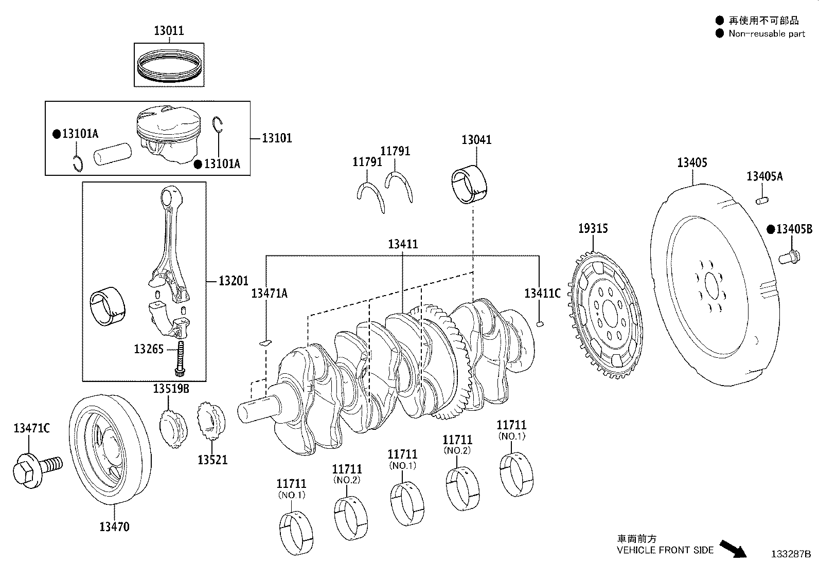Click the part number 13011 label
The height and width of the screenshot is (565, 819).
coord(169,31)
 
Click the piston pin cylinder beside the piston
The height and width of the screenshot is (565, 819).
coord(113,154)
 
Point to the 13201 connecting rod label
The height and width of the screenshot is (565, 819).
coord(233,281)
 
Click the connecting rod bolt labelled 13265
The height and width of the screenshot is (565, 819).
coord(180,358)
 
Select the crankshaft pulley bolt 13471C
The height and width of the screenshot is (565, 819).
coord(37,469)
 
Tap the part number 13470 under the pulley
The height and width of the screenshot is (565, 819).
coord(114,526)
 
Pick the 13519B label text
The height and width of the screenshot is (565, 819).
coord(171,389)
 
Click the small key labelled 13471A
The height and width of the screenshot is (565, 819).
coord(266,342)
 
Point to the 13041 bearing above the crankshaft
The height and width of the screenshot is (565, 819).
coord(469,185)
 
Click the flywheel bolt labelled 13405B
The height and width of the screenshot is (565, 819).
coord(789,257)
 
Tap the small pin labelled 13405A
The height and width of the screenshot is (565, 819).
coord(762,201)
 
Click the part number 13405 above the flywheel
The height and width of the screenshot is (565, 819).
coord(692,162)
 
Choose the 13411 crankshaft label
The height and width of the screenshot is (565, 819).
coord(402,244)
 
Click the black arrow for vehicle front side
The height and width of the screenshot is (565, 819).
coord(733,549)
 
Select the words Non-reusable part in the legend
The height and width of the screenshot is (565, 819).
coord(767,33)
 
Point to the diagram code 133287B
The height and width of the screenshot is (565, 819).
coord(791,554)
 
